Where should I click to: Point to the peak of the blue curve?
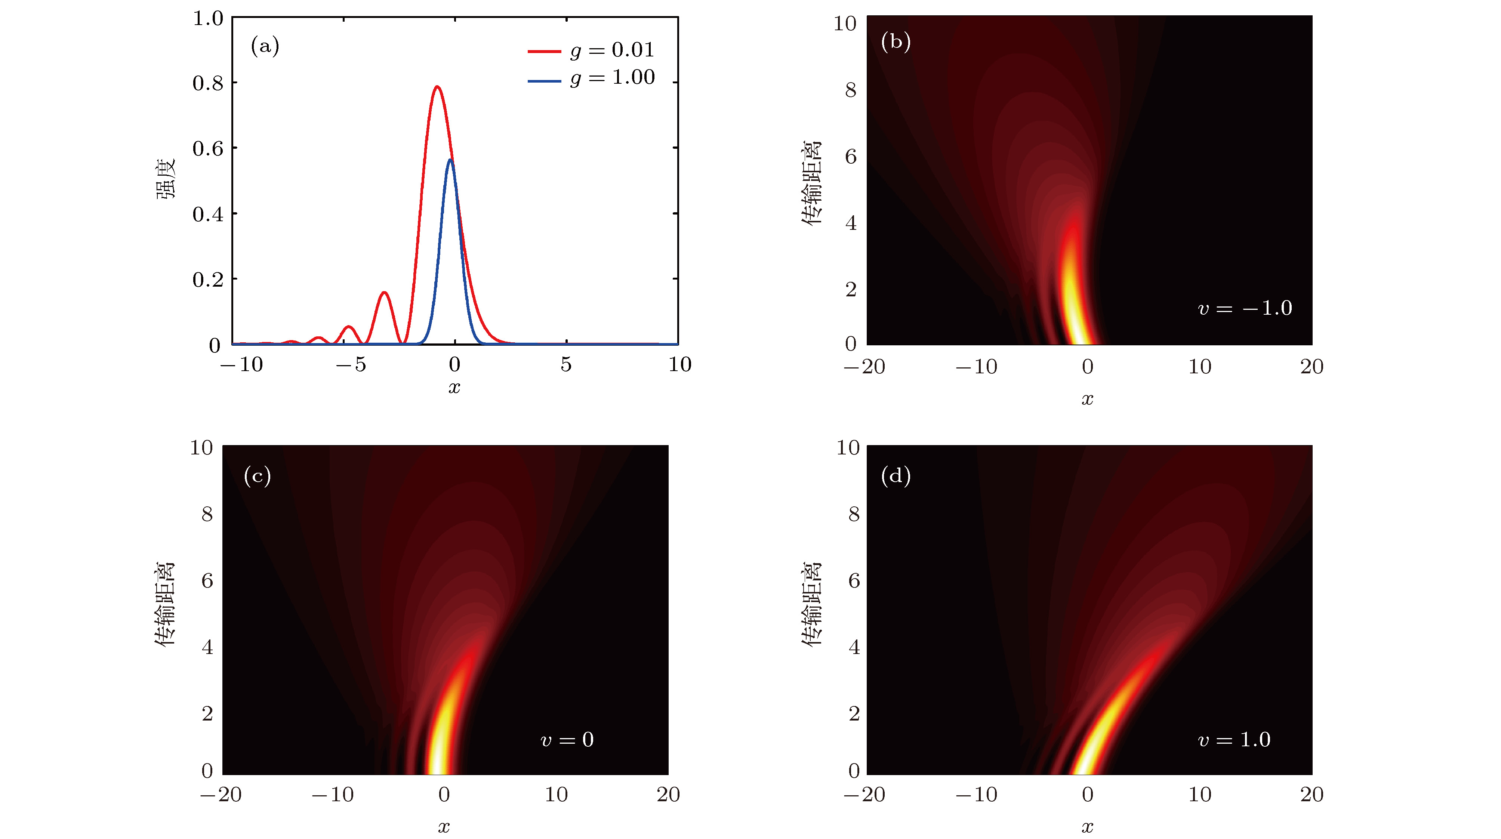[x=450, y=159]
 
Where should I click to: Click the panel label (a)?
[x=265, y=46]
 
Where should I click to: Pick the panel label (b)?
[x=896, y=41]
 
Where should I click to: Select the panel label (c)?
[x=257, y=476]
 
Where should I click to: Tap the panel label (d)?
[x=896, y=476]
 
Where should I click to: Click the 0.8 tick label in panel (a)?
[x=208, y=83]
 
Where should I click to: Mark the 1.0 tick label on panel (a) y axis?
[x=208, y=19]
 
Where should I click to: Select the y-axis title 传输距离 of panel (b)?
[x=811, y=182]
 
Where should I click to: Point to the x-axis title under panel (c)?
[x=444, y=826]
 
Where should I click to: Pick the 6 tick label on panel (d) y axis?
[x=854, y=580]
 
